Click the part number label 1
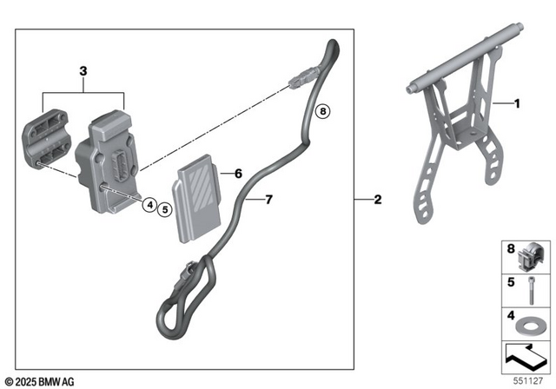517,104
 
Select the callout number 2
377,201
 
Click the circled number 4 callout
150,206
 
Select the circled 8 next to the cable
322,111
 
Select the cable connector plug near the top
298,79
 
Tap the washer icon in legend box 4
526,326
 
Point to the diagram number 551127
533,380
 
